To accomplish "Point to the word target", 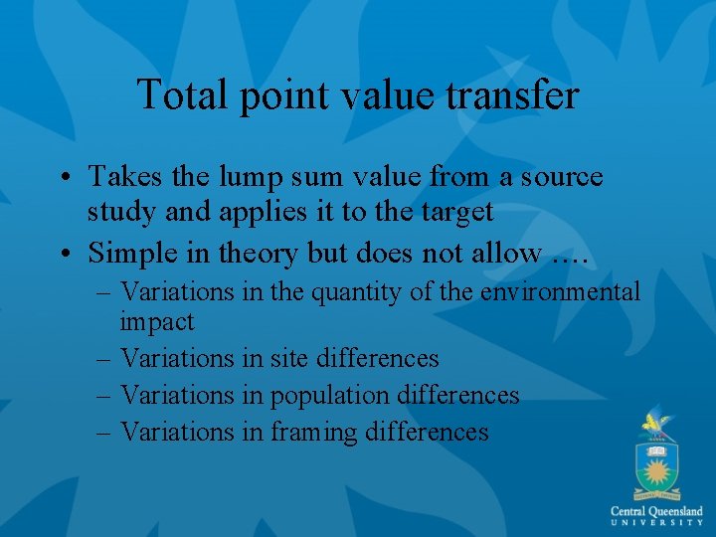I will tap(455, 213).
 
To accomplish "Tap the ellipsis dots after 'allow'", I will tap(570, 257).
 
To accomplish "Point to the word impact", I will tap(157, 321).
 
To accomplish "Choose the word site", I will tap(290, 358).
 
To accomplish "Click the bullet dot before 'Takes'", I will tap(64, 178).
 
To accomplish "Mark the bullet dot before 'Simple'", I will tap(64, 255).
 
